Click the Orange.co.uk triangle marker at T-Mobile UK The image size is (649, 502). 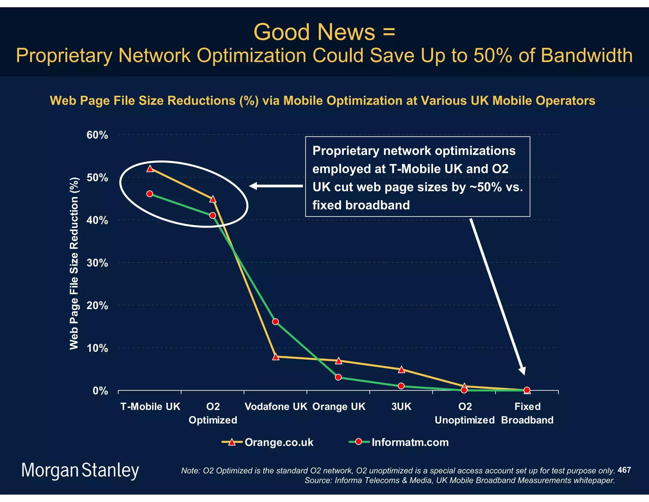pos(150,168)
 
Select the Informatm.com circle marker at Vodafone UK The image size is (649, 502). pos(275,322)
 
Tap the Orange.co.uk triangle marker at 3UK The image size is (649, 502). pos(401,369)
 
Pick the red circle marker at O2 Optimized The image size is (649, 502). pos(213,215)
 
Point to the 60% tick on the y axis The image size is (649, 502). pos(97,135)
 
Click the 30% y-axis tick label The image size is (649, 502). pos(97,263)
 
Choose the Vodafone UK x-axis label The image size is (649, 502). pos(276,406)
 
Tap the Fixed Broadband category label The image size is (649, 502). pos(527,413)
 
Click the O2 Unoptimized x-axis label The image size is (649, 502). pos(465,413)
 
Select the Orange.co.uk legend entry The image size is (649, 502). pos(268,442)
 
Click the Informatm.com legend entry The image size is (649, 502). pos(399,442)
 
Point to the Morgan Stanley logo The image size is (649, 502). pos(80,470)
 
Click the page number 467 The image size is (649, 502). pos(624,470)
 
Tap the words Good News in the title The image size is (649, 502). pos(314,32)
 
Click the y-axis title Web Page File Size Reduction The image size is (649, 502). pos(74,263)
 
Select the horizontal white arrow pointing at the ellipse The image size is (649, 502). pos(276,186)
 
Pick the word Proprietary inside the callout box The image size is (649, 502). pos(346,151)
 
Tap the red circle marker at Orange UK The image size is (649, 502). pos(338,377)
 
